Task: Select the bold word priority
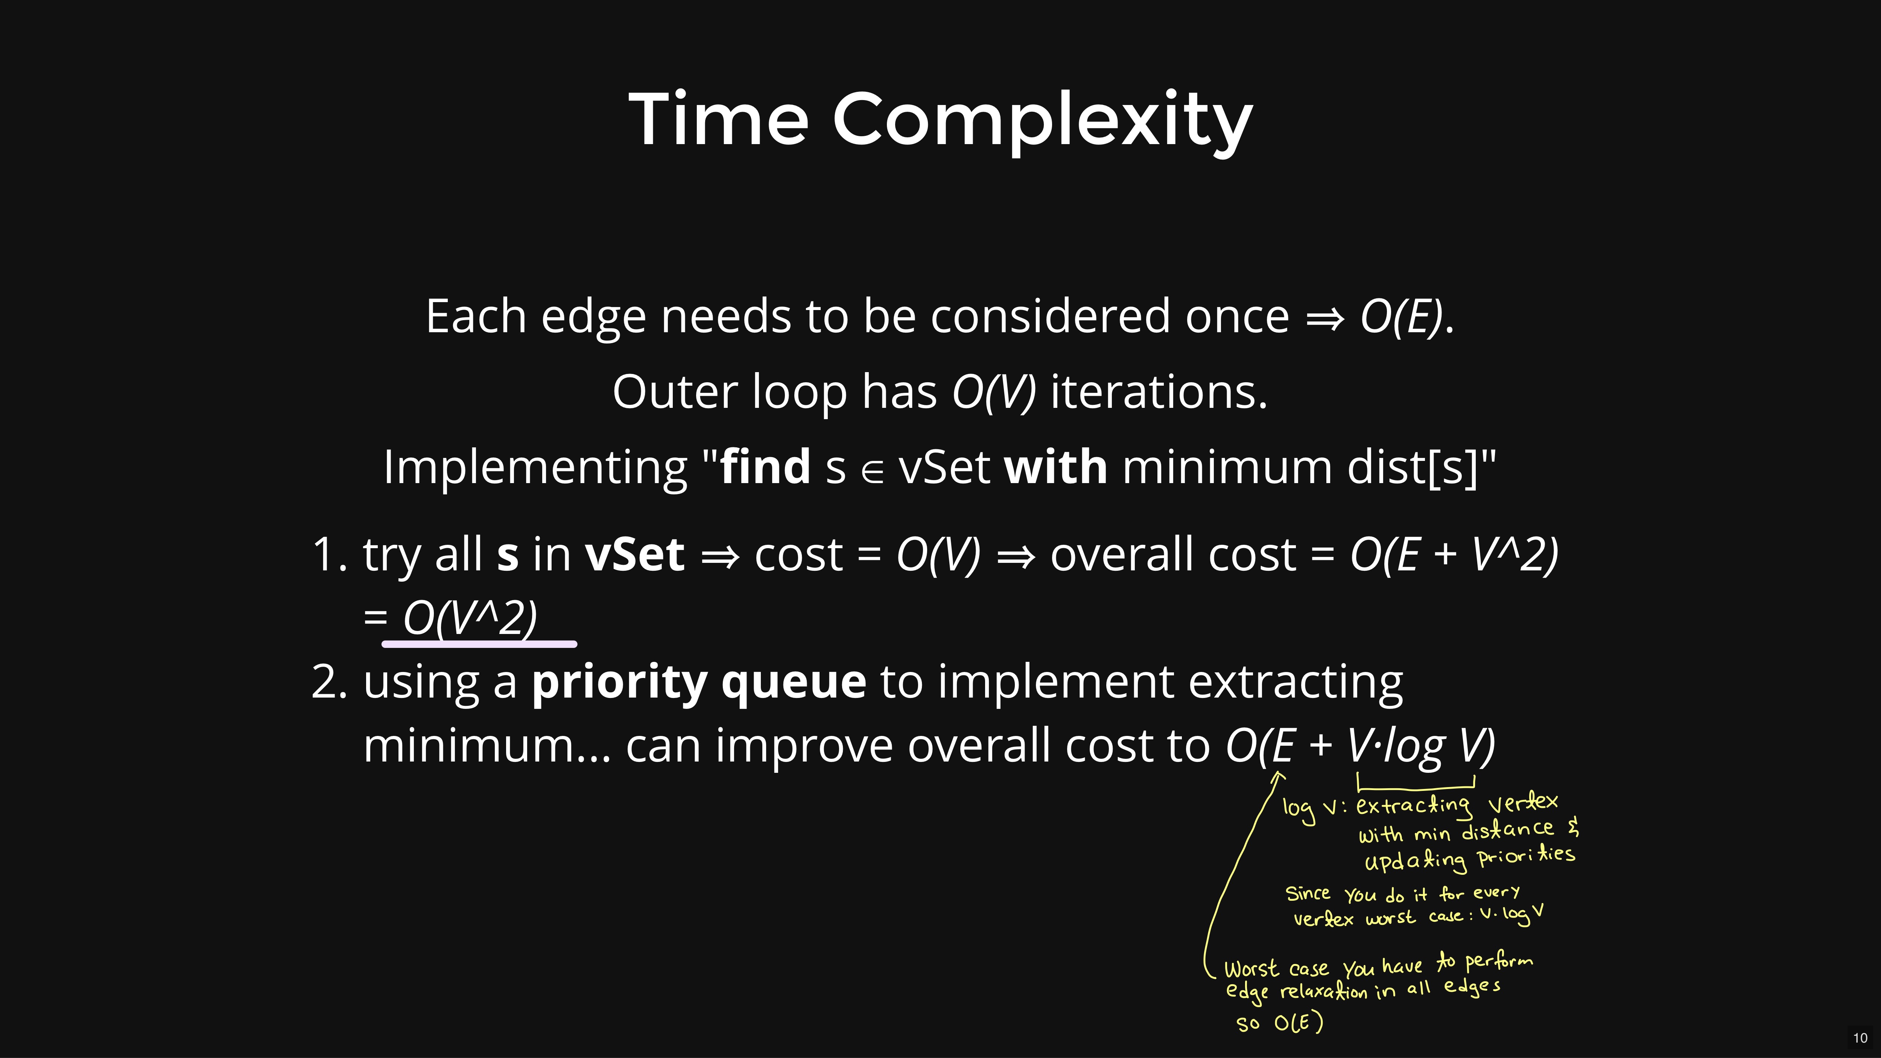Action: [619, 683]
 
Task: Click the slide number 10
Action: [1860, 1038]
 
